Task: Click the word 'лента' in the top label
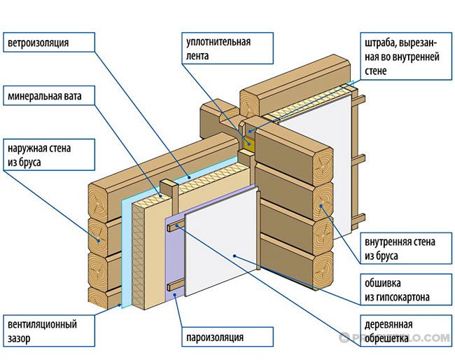[x=199, y=55]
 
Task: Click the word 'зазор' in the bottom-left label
[x=21, y=338]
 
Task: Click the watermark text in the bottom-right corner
[x=395, y=338]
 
